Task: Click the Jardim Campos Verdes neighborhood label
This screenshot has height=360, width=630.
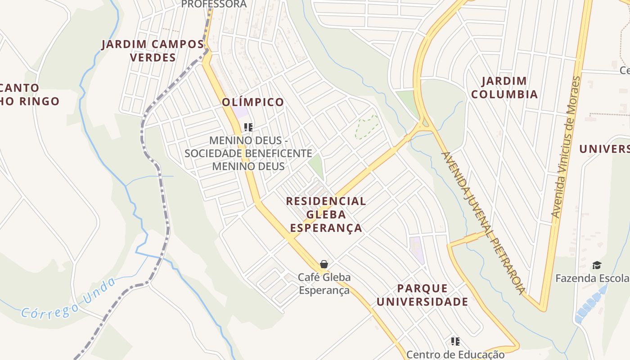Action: pyautogui.click(x=153, y=51)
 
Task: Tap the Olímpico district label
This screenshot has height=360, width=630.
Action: pyautogui.click(x=253, y=102)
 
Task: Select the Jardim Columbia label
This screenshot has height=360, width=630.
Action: pyautogui.click(x=510, y=88)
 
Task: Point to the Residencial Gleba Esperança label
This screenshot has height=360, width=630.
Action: pyautogui.click(x=326, y=214)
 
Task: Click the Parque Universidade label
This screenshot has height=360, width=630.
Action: pyautogui.click(x=422, y=295)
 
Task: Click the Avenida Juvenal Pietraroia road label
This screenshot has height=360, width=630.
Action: pyautogui.click(x=483, y=223)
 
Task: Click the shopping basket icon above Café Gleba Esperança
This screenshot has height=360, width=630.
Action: pyautogui.click(x=324, y=264)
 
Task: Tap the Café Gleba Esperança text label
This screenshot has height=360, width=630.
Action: pyautogui.click(x=324, y=283)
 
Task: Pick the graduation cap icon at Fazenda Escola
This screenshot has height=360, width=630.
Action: pyautogui.click(x=597, y=265)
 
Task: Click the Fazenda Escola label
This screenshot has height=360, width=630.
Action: pyautogui.click(x=592, y=278)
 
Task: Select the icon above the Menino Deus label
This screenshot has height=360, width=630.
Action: pyautogui.click(x=248, y=127)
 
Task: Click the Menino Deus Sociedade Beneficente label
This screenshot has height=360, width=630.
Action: pyautogui.click(x=248, y=153)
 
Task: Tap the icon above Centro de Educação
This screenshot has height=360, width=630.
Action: pyautogui.click(x=455, y=342)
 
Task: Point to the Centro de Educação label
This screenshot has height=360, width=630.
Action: pyautogui.click(x=455, y=355)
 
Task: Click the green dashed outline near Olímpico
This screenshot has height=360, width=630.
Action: pyautogui.click(x=367, y=127)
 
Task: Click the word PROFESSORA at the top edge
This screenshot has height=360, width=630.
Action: pyautogui.click(x=214, y=4)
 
